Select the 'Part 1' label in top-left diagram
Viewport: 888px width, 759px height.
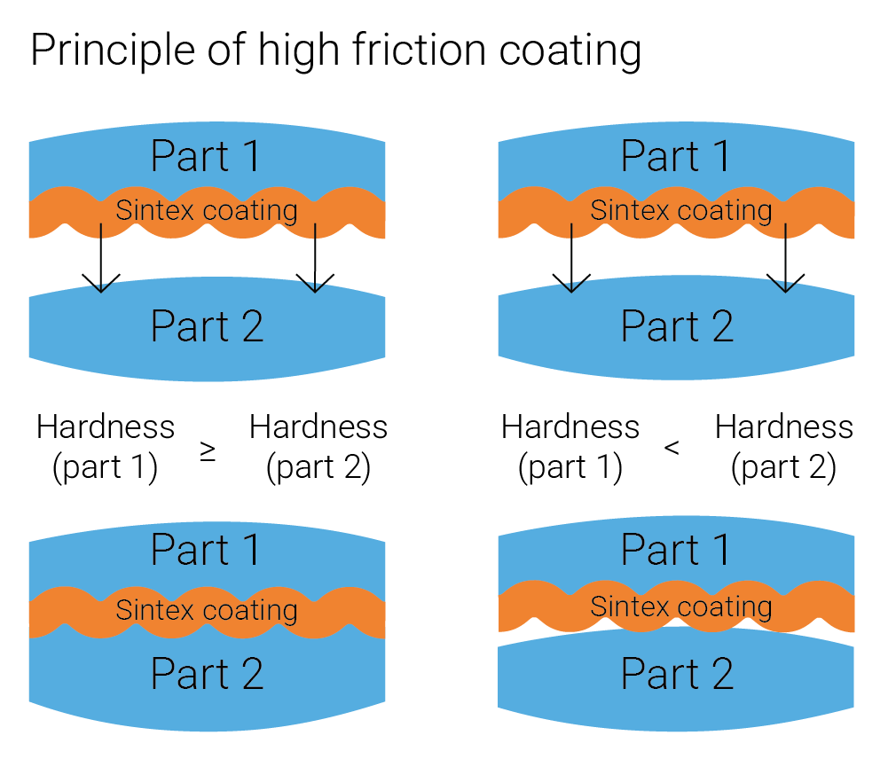coord(207,156)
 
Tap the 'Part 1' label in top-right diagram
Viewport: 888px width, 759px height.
coord(677,156)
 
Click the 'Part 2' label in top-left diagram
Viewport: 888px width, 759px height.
coord(207,326)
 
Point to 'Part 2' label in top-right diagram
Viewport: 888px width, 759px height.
coord(677,326)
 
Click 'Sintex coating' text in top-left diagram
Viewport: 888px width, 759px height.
coord(207,211)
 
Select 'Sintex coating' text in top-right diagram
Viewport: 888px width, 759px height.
coord(680,211)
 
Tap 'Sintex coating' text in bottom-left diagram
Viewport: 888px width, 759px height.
coord(207,610)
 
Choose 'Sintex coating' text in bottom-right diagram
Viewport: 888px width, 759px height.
coord(680,607)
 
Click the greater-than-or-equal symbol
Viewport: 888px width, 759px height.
coord(208,451)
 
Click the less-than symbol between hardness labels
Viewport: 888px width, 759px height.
coord(672,449)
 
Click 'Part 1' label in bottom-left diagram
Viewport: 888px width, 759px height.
coord(207,551)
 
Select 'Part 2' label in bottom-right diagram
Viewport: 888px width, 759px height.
coord(677,675)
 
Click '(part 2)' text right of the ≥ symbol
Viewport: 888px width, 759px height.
coord(318,467)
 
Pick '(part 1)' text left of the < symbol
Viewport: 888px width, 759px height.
coord(570,467)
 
